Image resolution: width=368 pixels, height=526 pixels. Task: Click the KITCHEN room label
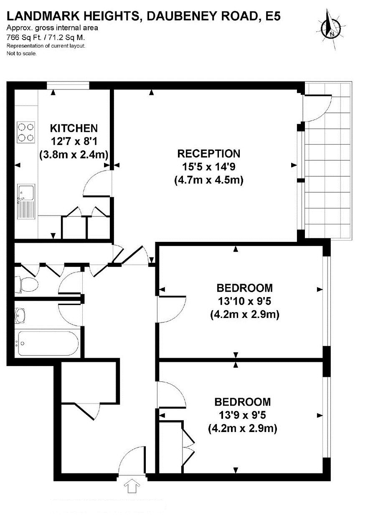(x=74, y=128)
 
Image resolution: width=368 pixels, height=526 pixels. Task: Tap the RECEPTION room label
(x=209, y=154)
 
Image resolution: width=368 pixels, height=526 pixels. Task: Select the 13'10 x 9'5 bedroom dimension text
(x=244, y=301)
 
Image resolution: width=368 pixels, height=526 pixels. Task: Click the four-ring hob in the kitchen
(x=26, y=132)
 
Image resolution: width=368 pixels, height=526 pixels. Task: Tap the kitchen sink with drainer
(x=26, y=201)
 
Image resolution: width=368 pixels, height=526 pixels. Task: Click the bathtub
(x=48, y=343)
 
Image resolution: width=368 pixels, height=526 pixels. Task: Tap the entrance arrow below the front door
(x=132, y=485)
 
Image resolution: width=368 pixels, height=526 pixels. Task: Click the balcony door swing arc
(x=324, y=113)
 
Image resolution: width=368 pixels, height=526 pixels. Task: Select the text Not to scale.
(x=22, y=53)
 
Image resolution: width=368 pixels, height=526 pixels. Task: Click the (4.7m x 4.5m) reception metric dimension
(x=209, y=180)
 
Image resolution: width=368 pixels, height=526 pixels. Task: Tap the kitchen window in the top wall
(x=68, y=85)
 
